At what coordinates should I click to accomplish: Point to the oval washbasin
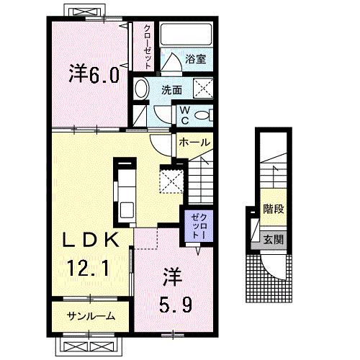click(x=142, y=89)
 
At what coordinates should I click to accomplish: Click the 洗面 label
click(x=171, y=91)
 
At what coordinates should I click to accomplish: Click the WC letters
click(x=184, y=115)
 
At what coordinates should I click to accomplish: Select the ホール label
click(x=194, y=143)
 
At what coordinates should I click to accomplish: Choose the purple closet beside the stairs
click(x=197, y=226)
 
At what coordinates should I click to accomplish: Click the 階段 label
click(x=272, y=213)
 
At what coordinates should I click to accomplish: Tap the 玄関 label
click(x=271, y=239)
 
